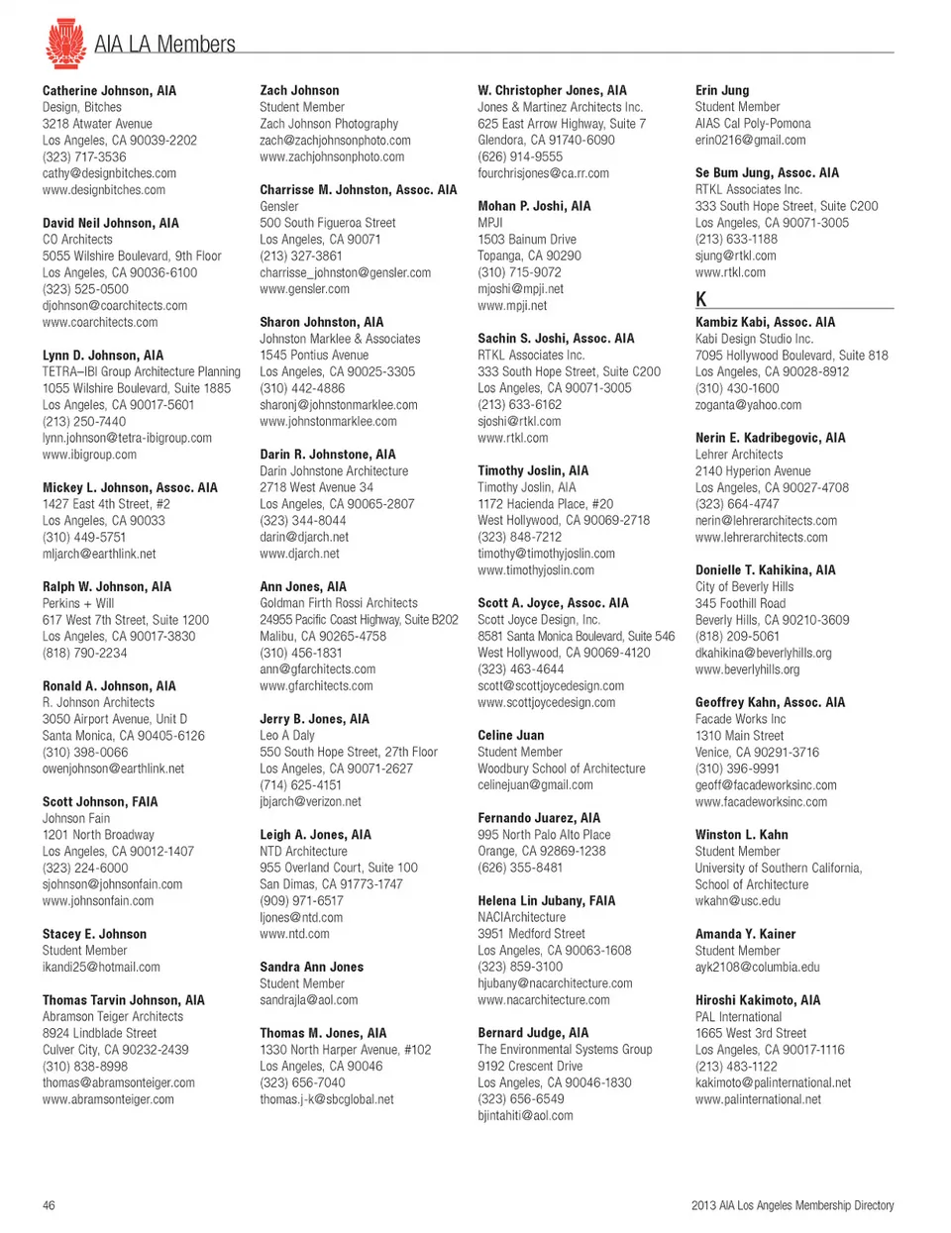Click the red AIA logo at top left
[65, 44]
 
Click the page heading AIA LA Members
[164, 45]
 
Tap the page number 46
[49, 1205]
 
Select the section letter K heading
[701, 299]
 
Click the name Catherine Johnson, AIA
[109, 90]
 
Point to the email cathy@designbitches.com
[109, 173]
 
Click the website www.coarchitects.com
[100, 322]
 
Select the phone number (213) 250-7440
[84, 421]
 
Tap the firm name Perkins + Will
[78, 603]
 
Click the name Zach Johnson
[299, 90]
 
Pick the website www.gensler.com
[304, 289]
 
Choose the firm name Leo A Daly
[287, 735]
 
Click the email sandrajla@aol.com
[309, 1000]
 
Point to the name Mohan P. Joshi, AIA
[534, 206]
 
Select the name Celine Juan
[510, 735]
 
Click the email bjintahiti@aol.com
[525, 1116]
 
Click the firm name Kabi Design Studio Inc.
[754, 339]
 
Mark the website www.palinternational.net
[758, 1099]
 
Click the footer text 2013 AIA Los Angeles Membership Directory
[792, 1205]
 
